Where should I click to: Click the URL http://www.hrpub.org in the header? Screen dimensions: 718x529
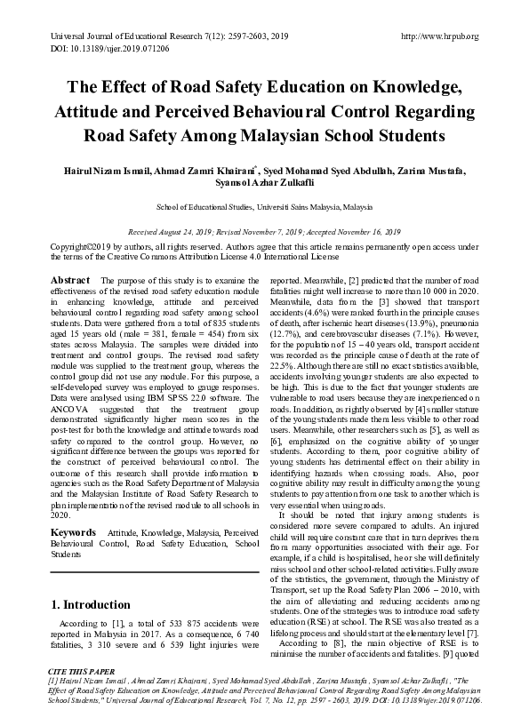tap(440, 36)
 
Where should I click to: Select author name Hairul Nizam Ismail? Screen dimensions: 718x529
tap(112, 170)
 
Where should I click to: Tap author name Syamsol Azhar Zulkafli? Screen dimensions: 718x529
tap(264, 184)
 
